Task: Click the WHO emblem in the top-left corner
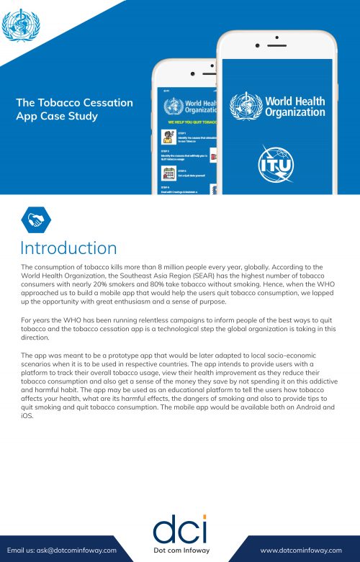pos(21,24)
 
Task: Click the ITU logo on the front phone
pos(277,163)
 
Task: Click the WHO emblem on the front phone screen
pos(245,106)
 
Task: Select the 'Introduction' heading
pos(68,248)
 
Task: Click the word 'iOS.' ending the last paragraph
pos(28,415)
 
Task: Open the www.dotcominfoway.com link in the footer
pos(300,550)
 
